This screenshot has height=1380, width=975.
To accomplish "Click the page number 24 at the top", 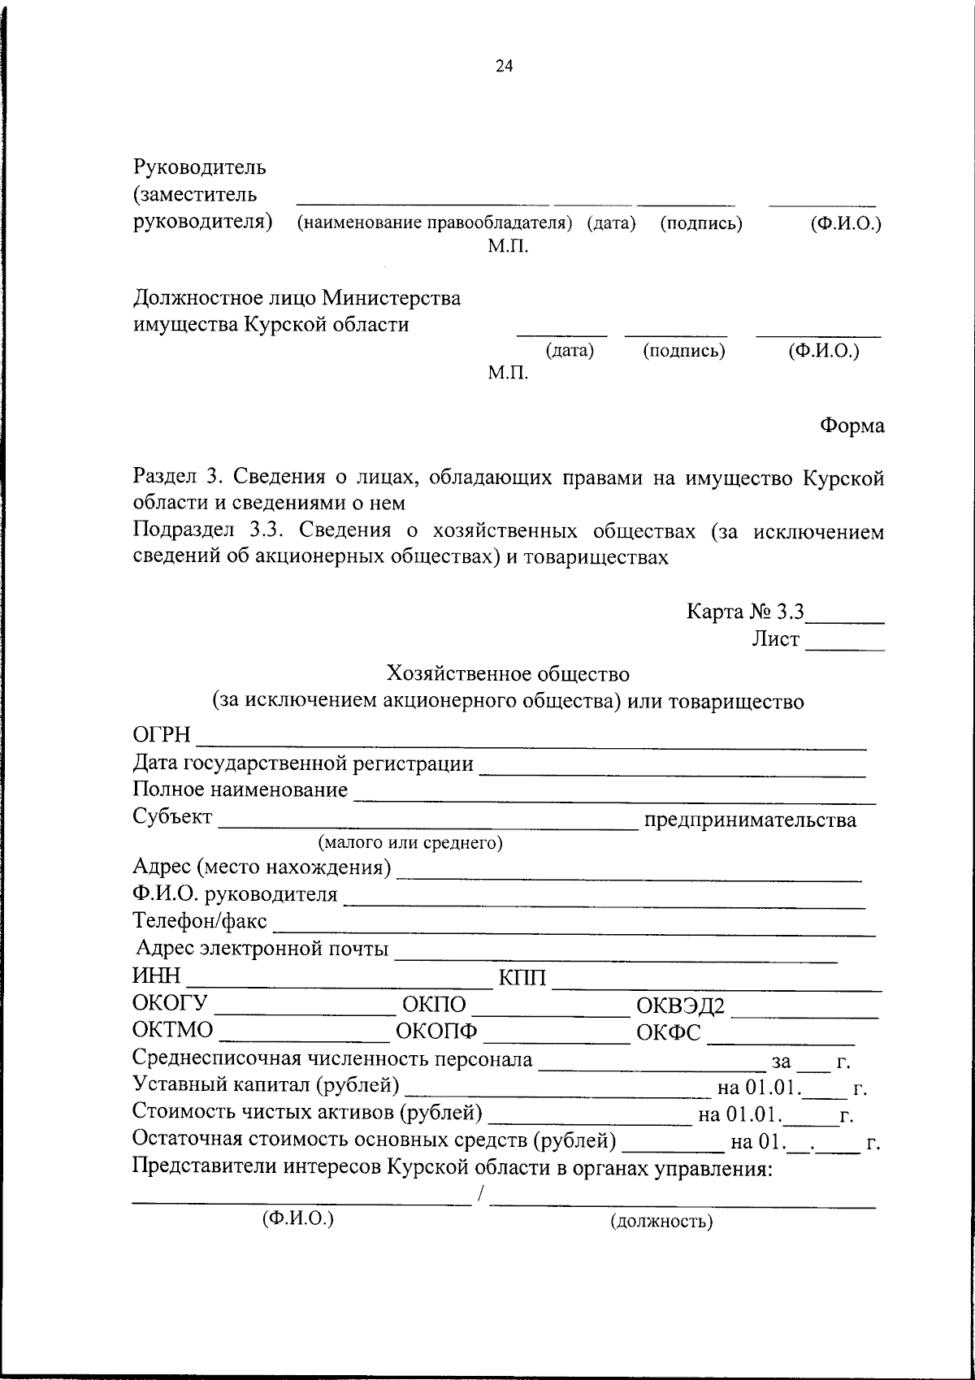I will (x=504, y=67).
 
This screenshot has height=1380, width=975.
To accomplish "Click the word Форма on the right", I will (x=851, y=426).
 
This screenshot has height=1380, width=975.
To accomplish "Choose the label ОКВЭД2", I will (x=679, y=1006).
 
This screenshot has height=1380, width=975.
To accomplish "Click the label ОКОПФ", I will (x=436, y=1032).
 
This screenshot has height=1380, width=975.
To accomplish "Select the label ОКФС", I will (x=669, y=1032).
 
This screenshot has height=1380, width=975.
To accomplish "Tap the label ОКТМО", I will (x=172, y=1031).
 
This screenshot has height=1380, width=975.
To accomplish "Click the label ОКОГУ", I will (x=170, y=1004).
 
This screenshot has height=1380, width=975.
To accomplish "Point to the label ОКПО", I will (x=434, y=1005).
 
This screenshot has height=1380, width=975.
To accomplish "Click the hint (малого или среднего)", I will (x=410, y=843).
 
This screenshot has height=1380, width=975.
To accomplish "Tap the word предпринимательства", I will (x=749, y=820).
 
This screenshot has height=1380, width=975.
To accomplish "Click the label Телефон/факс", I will (x=199, y=923).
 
